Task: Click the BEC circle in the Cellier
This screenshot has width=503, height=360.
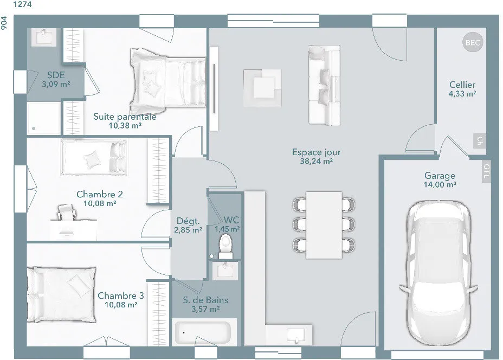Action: (473, 42)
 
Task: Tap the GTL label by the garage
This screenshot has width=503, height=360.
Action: (486, 171)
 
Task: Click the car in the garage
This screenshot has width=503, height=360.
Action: (439, 273)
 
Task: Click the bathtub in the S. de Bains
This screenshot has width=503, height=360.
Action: (202, 332)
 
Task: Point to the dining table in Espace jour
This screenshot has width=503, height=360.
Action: (324, 224)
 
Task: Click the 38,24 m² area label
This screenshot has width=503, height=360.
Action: (316, 161)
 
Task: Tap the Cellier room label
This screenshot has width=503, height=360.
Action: (462, 85)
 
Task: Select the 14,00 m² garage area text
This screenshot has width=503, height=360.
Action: (440, 184)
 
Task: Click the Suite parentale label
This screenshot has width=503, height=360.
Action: (125, 117)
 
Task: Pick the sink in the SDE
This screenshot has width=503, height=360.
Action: (43, 37)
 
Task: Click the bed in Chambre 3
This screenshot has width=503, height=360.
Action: (62, 294)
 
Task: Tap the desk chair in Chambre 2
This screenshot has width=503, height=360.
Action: (67, 212)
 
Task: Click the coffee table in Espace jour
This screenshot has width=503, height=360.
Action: (263, 88)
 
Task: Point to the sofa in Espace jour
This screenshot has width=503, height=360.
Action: (324, 85)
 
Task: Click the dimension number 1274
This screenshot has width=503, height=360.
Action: (22, 4)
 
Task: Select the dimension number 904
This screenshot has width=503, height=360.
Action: (4, 23)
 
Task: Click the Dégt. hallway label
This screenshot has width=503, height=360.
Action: (188, 221)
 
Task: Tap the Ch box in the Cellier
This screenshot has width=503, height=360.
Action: (480, 140)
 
